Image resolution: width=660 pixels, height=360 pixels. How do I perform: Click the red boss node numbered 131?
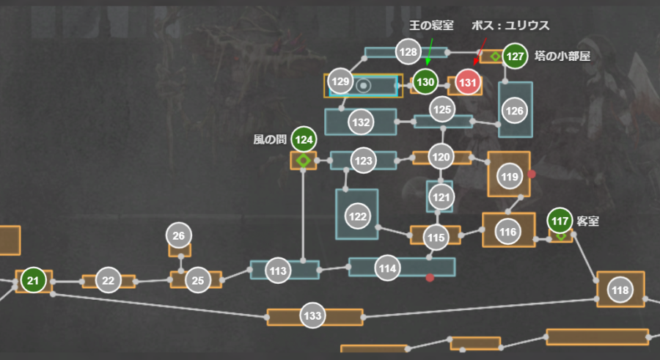(467, 82)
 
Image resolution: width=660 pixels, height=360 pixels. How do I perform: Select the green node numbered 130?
(425, 82)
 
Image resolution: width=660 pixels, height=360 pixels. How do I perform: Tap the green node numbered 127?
(516, 56)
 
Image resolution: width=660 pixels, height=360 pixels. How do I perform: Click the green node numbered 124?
(304, 139)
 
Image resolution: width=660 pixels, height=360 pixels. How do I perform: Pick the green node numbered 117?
(560, 220)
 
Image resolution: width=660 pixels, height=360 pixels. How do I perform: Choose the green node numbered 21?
(33, 280)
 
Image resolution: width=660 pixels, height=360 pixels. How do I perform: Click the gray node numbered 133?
(312, 316)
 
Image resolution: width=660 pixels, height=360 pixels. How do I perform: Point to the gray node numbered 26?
(179, 235)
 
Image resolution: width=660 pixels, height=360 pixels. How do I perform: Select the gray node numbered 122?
(358, 217)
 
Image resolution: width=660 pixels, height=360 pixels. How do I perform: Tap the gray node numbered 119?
(509, 176)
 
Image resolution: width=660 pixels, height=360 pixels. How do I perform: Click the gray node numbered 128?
(408, 51)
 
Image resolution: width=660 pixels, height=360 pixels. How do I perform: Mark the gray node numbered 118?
(620, 290)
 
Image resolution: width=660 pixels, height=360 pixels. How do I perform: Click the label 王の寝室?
(431, 26)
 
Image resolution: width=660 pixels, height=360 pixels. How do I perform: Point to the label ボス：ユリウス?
(510, 26)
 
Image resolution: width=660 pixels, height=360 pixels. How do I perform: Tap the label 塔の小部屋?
(562, 56)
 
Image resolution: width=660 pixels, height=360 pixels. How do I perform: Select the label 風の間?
(269, 139)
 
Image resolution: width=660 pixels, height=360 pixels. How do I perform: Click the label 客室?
(588, 220)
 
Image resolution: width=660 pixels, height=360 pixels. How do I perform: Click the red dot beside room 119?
(532, 174)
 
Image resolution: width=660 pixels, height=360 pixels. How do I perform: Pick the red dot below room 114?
(430, 278)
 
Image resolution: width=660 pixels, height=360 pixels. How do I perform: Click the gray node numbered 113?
(277, 271)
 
